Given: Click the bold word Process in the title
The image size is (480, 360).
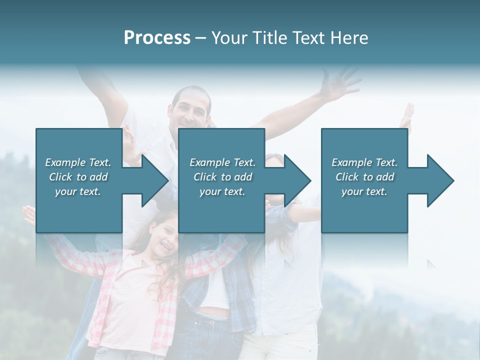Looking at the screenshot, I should click(157, 38).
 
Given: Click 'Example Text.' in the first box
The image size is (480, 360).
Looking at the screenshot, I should click(78, 162).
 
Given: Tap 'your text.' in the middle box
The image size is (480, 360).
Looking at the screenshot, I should click(222, 191).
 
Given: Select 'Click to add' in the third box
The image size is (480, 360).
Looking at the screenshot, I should click(365, 177).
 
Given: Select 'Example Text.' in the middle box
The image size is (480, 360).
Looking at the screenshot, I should click(222, 162).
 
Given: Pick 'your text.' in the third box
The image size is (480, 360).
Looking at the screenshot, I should click(364, 191).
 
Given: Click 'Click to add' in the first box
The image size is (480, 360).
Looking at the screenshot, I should click(78, 177).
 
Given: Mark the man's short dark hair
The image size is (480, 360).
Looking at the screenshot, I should click(191, 93).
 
